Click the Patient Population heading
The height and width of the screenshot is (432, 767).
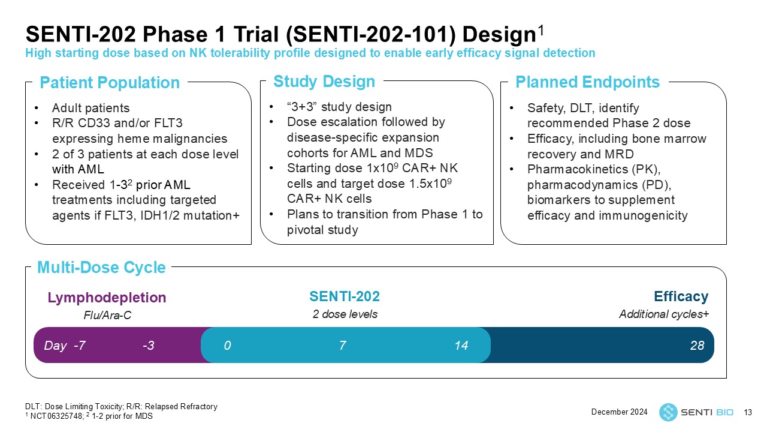pos(109,83)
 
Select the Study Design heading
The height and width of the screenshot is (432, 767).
pos(324,81)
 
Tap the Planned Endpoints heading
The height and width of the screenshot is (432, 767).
pos(587,82)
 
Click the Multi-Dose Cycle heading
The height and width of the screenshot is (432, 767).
pos(101,268)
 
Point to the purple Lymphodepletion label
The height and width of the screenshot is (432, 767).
pos(107,298)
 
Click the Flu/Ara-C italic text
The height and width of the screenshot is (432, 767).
pos(107,315)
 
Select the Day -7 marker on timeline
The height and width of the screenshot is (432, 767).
pos(65,346)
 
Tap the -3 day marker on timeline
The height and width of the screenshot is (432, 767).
pos(149,346)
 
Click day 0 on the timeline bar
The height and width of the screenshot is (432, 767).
pos(228,346)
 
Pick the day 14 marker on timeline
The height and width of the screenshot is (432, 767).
pos(461,346)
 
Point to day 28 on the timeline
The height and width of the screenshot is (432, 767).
pos(697,346)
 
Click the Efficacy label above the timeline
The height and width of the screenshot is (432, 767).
pos(681,296)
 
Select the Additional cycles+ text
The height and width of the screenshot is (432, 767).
pos(663,314)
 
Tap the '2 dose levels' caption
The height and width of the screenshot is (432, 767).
pos(345,314)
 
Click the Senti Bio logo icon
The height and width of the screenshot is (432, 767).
pos(668,412)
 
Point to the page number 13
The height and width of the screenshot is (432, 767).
pos(747,412)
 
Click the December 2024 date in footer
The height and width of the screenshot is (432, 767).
pos(620,412)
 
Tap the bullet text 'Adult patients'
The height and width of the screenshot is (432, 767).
pos(90,109)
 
